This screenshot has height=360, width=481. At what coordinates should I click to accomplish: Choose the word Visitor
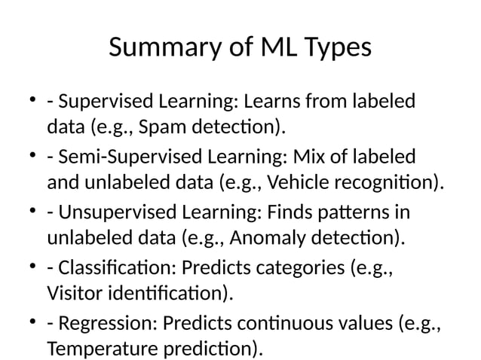point(73,294)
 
